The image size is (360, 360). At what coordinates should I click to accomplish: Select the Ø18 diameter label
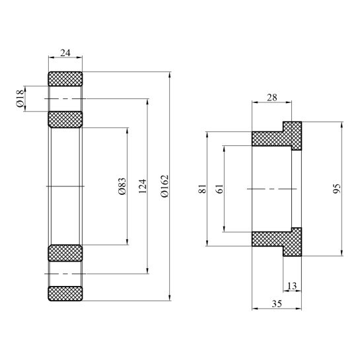[20, 99]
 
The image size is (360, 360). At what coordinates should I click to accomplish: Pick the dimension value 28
[271, 96]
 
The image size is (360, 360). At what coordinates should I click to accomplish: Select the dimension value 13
[292, 285]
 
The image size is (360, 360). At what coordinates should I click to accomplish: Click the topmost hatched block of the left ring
[65, 78]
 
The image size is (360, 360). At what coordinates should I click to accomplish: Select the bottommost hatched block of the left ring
[65, 293]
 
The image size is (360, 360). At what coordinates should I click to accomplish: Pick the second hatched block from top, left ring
[65, 120]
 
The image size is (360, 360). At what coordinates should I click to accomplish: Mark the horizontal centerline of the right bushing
[271, 189]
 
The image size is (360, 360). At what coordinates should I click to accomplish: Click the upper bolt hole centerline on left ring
[65, 99]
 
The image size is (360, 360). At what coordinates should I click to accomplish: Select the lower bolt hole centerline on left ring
[65, 273]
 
